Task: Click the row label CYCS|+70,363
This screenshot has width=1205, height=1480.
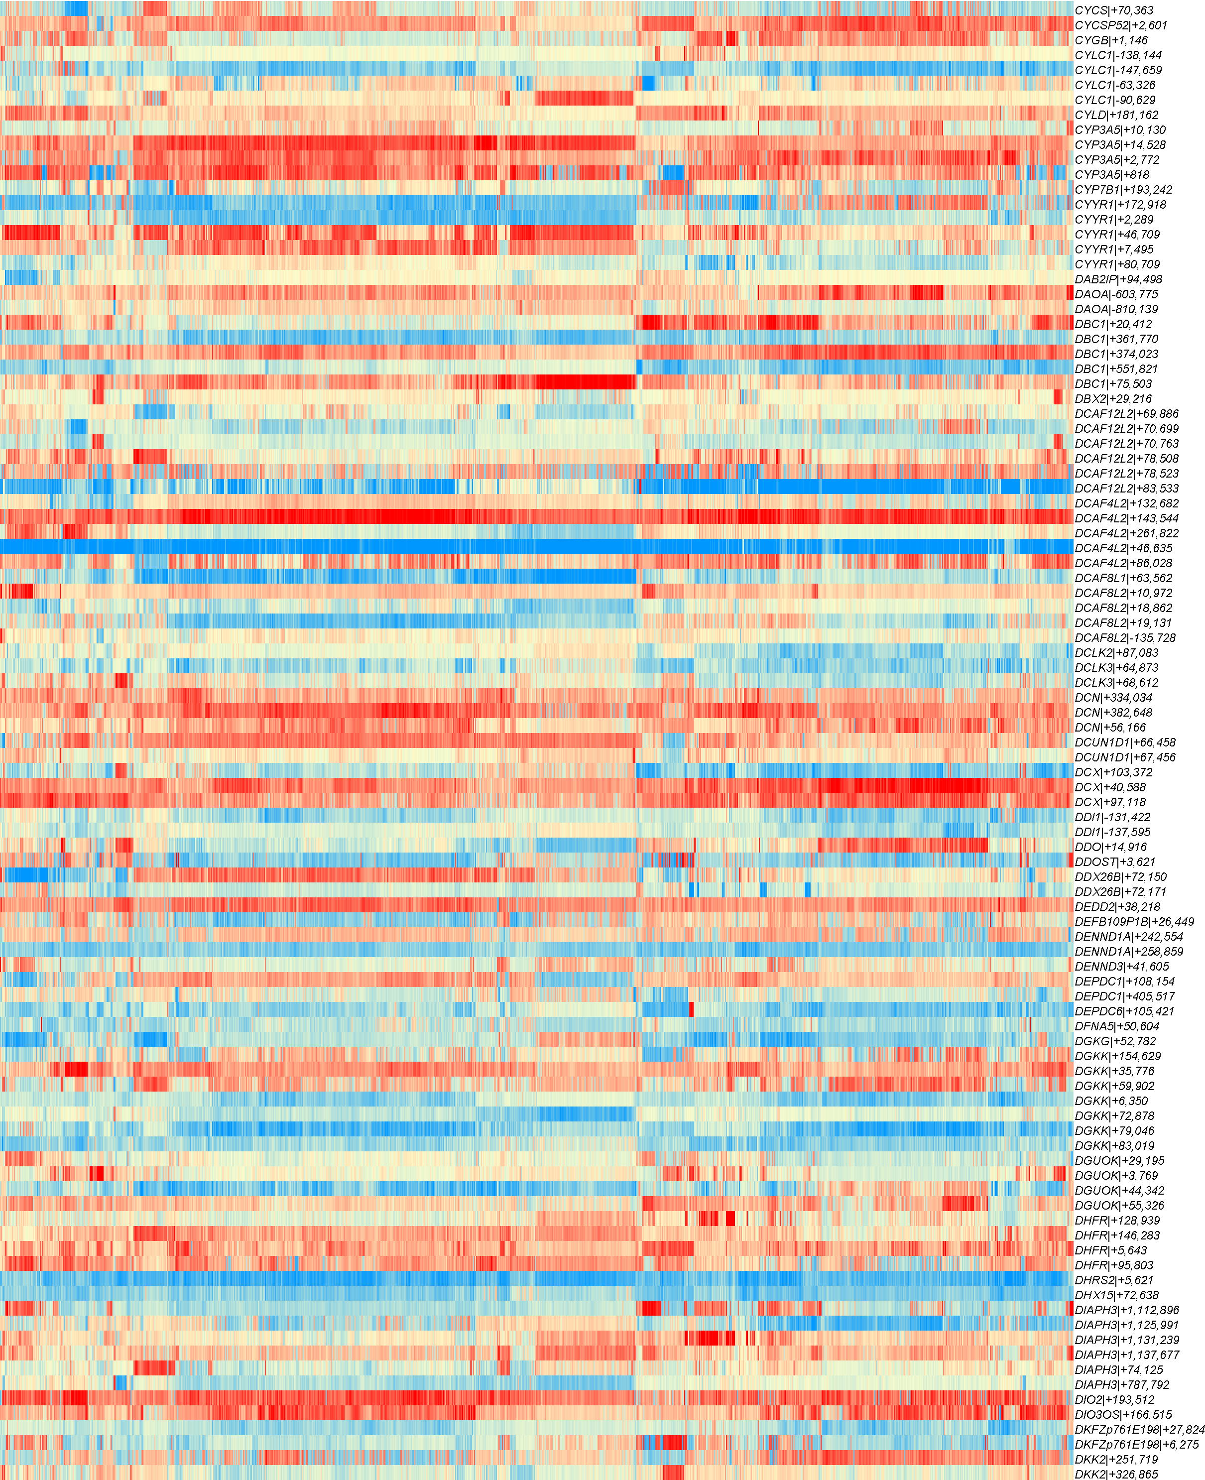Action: (1113, 10)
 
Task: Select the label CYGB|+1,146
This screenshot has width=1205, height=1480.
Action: (1110, 40)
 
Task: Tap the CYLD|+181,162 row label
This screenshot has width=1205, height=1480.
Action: (1116, 115)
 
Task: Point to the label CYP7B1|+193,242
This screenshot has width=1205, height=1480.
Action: (1123, 190)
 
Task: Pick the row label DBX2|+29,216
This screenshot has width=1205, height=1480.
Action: (1113, 398)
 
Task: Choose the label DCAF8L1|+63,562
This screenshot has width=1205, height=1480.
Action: (1123, 578)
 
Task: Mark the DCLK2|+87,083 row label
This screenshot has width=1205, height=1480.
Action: (1116, 652)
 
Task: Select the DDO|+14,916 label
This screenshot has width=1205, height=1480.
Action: (1110, 847)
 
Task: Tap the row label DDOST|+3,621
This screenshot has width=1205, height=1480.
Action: (1115, 862)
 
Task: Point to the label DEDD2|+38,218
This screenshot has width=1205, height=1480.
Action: (1117, 907)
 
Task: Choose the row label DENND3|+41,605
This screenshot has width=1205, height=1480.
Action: (1122, 966)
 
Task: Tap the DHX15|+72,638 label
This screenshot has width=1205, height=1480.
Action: (1116, 1295)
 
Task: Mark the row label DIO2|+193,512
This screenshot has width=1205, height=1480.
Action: (1114, 1399)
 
